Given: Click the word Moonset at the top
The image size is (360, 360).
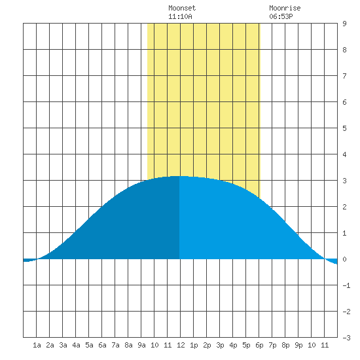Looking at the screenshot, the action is pos(182,8).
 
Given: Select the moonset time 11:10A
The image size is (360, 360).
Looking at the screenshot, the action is pos(180,16).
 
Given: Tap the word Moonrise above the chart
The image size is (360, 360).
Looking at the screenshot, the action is pos(285,8).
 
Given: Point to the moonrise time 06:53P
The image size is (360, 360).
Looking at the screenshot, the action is pos(281,16).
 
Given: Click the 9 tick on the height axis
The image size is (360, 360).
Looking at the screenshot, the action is pos(344,24).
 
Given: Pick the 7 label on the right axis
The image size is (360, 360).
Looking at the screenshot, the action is pos(344,76).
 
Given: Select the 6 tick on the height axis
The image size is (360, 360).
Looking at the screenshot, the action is pos(344,102).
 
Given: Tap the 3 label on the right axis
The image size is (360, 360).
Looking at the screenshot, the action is pos(344,181).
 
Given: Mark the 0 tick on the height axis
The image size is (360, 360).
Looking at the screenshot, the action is pos(344,259).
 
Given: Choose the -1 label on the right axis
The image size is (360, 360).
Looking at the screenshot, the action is pos(346,285).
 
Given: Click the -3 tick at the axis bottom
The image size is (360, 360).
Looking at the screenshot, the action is pos(346,338).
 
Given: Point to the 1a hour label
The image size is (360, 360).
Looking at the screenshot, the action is pos(37,345).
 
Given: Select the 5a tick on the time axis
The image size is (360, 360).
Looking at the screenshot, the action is pos(89,345).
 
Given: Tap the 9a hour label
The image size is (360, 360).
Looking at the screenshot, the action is pos(141,345).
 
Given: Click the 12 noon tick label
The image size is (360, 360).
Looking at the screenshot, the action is pos(181,345).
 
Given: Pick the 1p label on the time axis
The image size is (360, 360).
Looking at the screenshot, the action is pos(194,345).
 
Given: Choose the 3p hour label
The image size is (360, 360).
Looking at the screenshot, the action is pos(220,345).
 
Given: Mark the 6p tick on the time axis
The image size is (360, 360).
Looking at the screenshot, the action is pos(259,345).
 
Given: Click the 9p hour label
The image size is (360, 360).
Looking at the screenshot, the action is pos(298,345).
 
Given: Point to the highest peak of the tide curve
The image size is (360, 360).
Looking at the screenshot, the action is pos(179,176).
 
